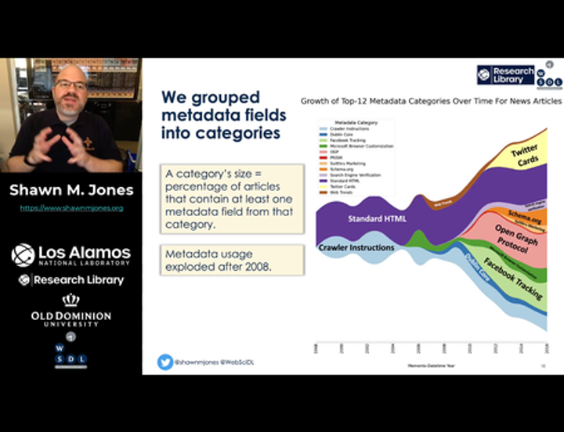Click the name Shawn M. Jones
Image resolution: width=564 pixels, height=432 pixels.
(x=71, y=190)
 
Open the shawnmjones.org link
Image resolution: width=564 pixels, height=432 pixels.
(x=71, y=208)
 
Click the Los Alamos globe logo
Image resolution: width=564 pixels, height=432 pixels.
(x=23, y=254)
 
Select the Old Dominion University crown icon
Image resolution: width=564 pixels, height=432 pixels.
(x=71, y=300)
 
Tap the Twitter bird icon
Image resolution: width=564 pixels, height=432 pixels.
(x=164, y=362)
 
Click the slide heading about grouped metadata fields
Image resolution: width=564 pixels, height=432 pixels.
(x=223, y=114)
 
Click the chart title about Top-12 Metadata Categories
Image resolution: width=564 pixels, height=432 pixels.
(x=431, y=101)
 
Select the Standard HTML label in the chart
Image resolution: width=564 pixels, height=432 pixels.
(x=377, y=219)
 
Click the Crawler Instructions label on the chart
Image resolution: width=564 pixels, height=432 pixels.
(x=356, y=248)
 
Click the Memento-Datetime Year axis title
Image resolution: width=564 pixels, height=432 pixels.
(x=431, y=365)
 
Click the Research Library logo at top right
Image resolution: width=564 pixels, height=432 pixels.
(x=507, y=74)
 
